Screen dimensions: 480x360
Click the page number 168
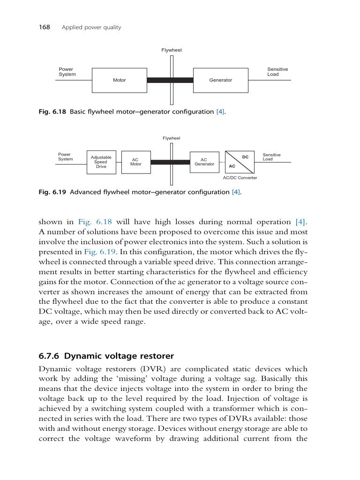(x=44, y=27)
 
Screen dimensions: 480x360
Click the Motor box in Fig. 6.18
(x=120, y=80)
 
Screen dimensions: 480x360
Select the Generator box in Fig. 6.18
(x=220, y=80)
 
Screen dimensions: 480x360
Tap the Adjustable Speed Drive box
(x=101, y=162)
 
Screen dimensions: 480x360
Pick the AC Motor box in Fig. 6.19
(x=135, y=162)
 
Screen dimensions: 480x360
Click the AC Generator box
(x=204, y=162)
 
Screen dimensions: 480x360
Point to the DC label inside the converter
(x=245, y=157)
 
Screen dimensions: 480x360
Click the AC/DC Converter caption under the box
(x=240, y=178)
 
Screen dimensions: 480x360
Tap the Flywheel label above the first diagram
(x=172, y=50)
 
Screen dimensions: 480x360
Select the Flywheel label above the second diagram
(x=172, y=138)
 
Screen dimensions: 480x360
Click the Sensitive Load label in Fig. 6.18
(x=277, y=72)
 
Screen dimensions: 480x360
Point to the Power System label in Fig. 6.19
(x=65, y=157)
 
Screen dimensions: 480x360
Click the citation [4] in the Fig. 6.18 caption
(x=220, y=112)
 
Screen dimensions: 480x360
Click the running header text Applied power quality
(x=91, y=27)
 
